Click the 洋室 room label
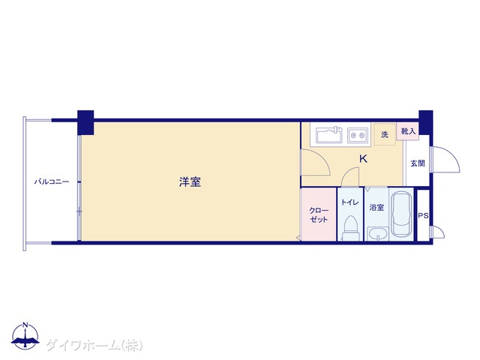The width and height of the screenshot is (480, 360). tap(190, 181)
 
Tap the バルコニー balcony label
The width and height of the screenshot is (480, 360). tap(52, 181)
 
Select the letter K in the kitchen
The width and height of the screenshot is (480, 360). tap(363, 159)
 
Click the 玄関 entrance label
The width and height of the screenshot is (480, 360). tap(418, 163)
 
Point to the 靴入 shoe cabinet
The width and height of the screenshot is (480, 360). tap(408, 131)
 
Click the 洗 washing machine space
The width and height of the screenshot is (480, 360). tap(385, 134)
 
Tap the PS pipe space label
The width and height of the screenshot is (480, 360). tap(423, 216)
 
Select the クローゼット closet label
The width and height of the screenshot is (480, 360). tap(319, 215)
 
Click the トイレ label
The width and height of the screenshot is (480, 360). tap(350, 202)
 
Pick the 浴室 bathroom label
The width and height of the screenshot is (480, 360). tap(376, 208)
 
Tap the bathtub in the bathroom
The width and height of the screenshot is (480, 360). tap(401, 214)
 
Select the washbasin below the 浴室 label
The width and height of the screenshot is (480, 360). tap(378, 234)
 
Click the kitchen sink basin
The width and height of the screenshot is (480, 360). tap(329, 135)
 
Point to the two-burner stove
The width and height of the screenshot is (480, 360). tap(358, 135)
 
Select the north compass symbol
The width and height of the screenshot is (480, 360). tap(25, 335)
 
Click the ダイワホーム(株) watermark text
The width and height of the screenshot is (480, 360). tap(94, 346)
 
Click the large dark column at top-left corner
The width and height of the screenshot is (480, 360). tap(85, 122)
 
